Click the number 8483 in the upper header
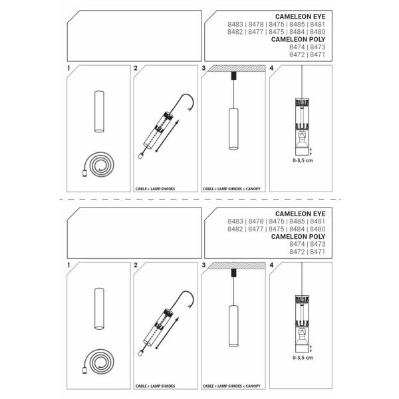235,25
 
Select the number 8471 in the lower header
318,251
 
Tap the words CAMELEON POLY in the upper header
298,39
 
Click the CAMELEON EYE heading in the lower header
301,213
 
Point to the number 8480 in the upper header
318,32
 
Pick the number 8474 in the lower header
297,244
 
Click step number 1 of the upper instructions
68,68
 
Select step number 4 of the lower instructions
271,265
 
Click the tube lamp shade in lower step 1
99,309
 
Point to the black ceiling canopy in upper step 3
233,76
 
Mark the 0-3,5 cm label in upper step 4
303,160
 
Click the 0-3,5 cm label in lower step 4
303,358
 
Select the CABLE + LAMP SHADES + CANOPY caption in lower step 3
231,386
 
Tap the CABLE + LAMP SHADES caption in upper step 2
155,189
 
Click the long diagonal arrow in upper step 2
167,136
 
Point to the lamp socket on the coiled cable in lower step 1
84,370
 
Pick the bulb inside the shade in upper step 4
303,140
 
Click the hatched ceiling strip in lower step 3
236,265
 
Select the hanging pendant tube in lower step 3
233,326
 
